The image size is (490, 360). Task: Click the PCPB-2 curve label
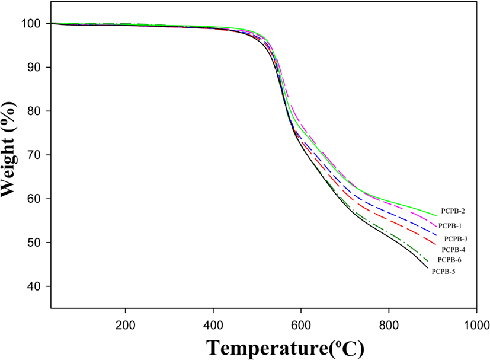coord(453,211)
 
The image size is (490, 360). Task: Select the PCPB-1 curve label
coord(450,226)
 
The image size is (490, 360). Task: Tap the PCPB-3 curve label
coord(456,239)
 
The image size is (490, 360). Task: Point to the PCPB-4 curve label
coord(453,250)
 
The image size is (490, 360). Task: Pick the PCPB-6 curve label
coord(449,260)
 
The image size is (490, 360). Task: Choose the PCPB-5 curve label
coord(443,272)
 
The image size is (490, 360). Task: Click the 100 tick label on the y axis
coord(31,24)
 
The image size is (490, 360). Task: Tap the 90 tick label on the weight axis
coord(34,67)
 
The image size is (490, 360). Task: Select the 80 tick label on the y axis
coord(34,111)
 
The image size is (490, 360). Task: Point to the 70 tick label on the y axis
coord(34,155)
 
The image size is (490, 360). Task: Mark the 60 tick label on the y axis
coord(34,199)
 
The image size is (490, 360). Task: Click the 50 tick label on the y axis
coord(34,243)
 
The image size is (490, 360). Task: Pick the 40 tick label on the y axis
coord(34,286)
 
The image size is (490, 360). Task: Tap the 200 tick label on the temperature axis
coord(125,325)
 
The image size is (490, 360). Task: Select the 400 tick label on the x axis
coord(213,325)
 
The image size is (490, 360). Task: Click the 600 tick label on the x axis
coord(301,325)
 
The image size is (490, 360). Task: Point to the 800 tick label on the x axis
coord(389,325)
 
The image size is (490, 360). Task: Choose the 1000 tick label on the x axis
coord(476,325)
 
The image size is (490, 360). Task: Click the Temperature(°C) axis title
coord(286,348)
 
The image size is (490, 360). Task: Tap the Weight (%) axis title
coord(8,149)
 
